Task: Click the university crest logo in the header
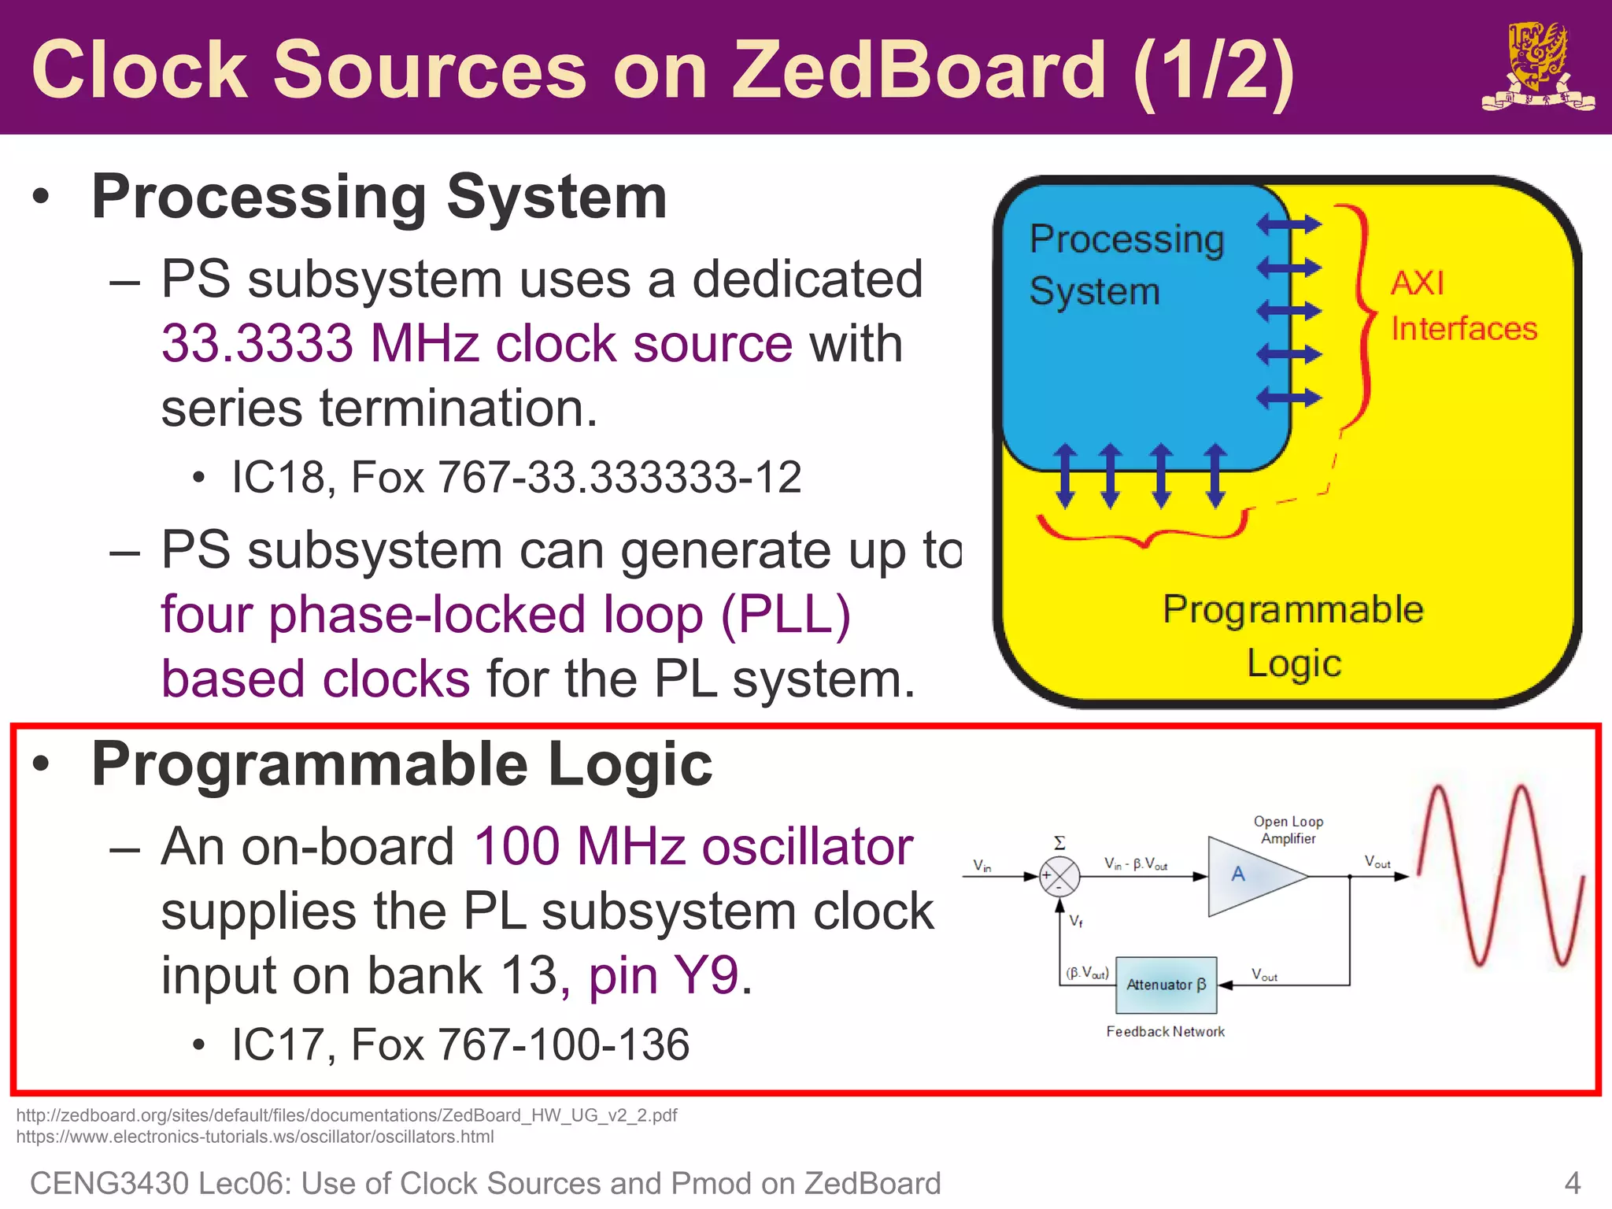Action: point(1537,67)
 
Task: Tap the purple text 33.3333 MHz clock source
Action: point(476,344)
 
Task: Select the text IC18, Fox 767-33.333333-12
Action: point(516,477)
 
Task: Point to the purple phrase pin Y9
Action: point(664,975)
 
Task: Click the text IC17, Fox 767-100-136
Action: point(460,1044)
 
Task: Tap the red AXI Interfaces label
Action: point(1462,306)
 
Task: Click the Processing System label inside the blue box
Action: point(1126,264)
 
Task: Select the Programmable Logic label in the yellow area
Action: point(1293,635)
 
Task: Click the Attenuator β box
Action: point(1166,985)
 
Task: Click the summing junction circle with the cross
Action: point(1059,876)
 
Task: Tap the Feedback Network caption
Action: point(1165,1031)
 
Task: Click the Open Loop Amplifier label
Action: point(1288,830)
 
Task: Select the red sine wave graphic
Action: point(1499,875)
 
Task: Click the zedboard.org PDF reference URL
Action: point(346,1115)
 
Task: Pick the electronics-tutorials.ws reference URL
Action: point(255,1137)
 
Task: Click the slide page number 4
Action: point(1572,1183)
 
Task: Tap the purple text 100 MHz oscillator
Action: point(693,847)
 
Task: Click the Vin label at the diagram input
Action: point(982,865)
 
